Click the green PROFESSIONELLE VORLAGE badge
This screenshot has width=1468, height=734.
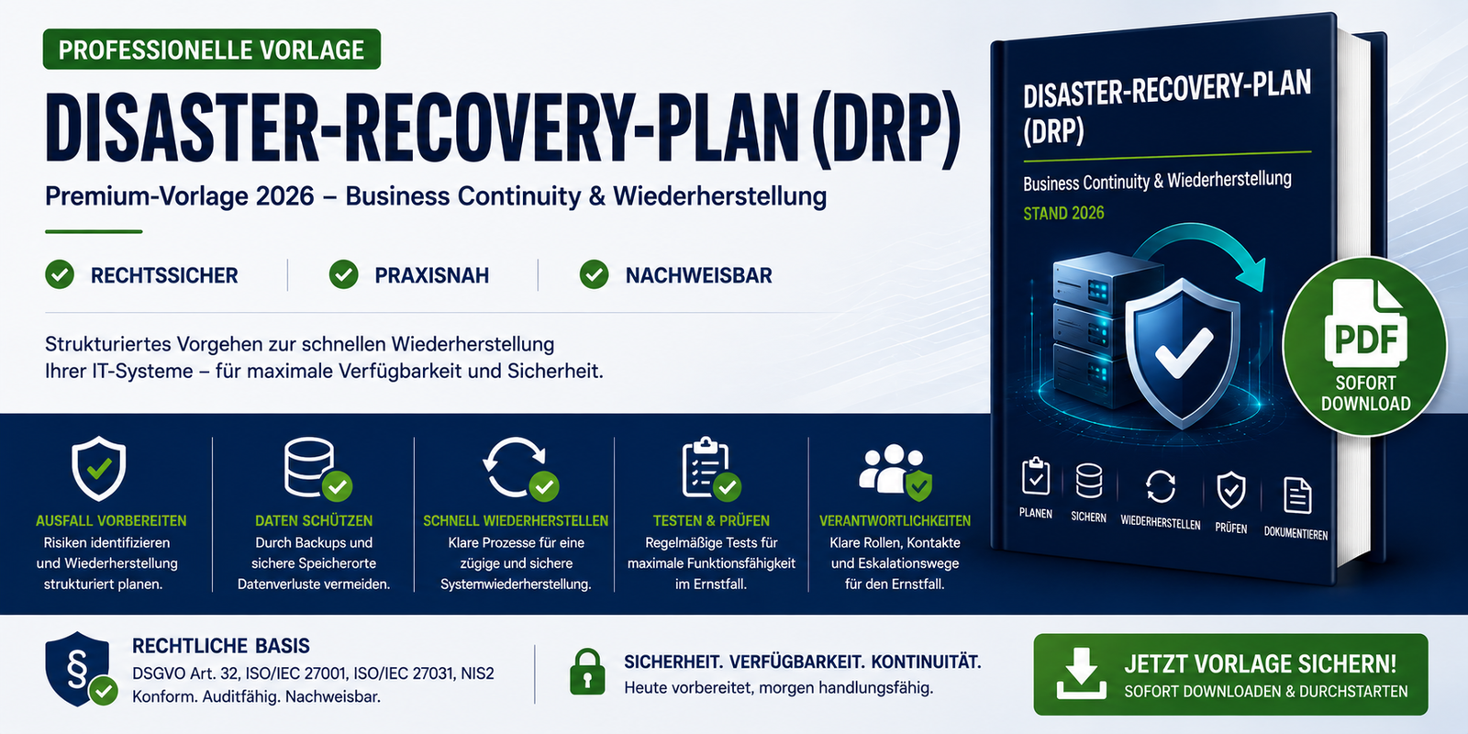click(x=212, y=50)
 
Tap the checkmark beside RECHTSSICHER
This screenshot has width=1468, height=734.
click(x=60, y=274)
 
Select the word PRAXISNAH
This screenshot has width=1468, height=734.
click(x=431, y=275)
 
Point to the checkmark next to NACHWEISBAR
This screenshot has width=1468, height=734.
click(x=594, y=274)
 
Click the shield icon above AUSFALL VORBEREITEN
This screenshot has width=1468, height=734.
click(x=99, y=468)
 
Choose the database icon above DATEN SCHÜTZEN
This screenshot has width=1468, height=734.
click(x=317, y=468)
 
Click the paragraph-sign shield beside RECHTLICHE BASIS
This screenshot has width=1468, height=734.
click(x=80, y=669)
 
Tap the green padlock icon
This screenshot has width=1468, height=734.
click(x=587, y=671)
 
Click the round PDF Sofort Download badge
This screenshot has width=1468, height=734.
click(x=1365, y=346)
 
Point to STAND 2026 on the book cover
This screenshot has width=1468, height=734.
click(x=1063, y=213)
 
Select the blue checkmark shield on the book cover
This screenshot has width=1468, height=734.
click(x=1183, y=353)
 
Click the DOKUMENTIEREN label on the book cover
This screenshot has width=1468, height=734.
click(x=1296, y=533)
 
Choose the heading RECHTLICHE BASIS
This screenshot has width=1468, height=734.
click(x=221, y=646)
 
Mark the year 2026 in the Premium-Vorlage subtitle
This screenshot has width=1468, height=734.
click(x=285, y=196)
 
